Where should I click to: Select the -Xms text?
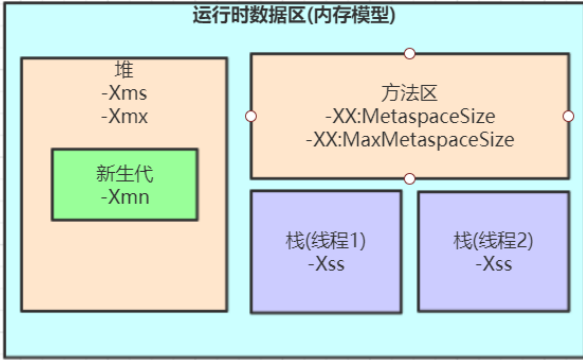[x=125, y=94]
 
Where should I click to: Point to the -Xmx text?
[x=125, y=116]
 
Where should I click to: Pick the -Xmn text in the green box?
[x=125, y=197]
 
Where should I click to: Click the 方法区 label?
[x=410, y=94]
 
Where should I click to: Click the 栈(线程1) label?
[x=326, y=241]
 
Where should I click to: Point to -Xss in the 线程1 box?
[x=326, y=264]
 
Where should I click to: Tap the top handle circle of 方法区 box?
[x=409, y=53]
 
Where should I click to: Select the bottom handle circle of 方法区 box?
[x=409, y=178]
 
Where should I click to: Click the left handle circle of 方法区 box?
[x=250, y=116]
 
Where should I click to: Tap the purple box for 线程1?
[x=326, y=290]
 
